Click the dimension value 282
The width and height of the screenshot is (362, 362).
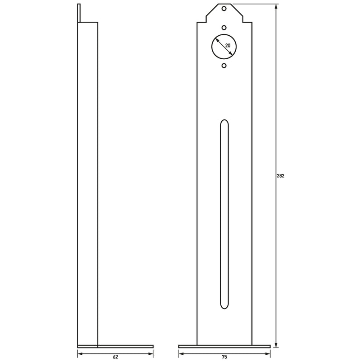(281, 176)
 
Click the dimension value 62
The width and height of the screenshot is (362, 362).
(115, 357)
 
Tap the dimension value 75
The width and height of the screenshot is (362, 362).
(224, 357)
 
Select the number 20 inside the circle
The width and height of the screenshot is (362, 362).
(228, 46)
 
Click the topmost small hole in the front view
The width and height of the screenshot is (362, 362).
(224, 9)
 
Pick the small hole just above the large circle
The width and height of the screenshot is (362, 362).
(224, 28)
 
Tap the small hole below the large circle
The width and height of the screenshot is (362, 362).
(224, 66)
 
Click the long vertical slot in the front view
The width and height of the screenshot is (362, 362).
(224, 214)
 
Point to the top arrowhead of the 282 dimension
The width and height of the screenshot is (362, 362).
(276, 7)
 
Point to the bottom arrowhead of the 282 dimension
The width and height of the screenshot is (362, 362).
(276, 344)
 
